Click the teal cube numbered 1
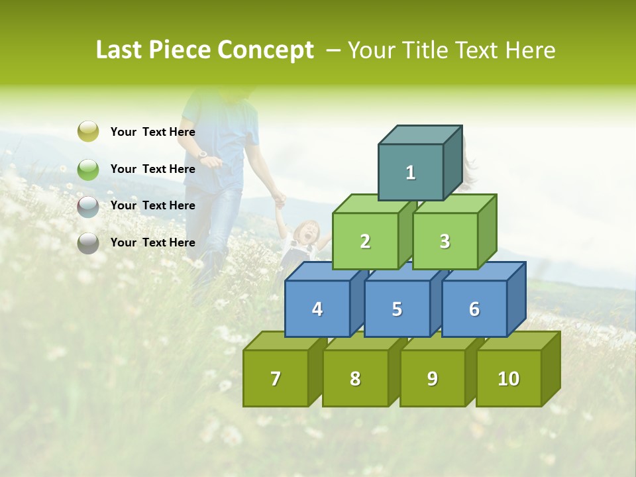[x=410, y=172]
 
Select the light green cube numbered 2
[x=365, y=241]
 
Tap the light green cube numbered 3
[x=445, y=241]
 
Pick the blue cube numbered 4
[x=317, y=309]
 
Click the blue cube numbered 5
[x=397, y=309]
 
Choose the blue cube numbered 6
[x=474, y=309]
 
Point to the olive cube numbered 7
[x=276, y=378]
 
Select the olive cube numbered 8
[x=355, y=378]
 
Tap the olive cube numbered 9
[x=432, y=378]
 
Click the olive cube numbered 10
[x=508, y=378]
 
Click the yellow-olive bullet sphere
[x=88, y=132]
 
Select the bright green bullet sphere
[x=88, y=169]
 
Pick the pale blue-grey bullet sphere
[x=88, y=206]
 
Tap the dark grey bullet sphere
[x=88, y=243]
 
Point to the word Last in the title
[x=121, y=50]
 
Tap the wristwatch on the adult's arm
[x=203, y=154]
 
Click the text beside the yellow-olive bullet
[x=152, y=132]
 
